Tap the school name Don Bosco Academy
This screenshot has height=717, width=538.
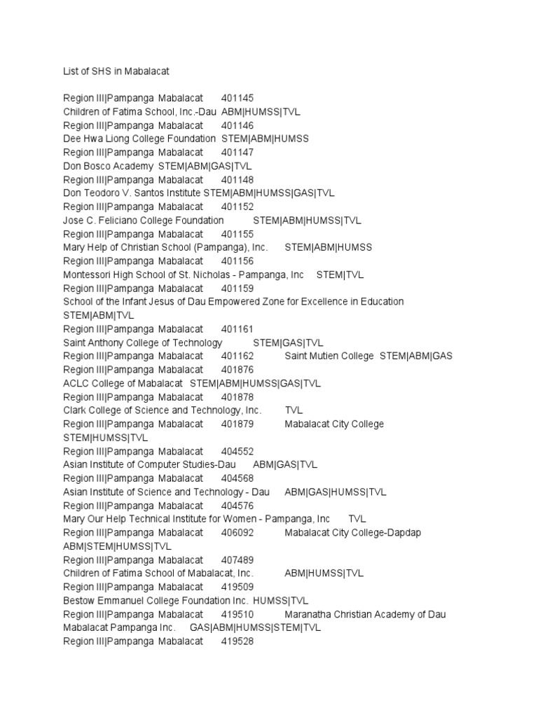[x=108, y=166]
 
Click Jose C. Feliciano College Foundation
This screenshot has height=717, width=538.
[x=144, y=220]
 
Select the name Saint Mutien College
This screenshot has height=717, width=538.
[x=329, y=356]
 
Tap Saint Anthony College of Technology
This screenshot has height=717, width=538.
[x=143, y=342]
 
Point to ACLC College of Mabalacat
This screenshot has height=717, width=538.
[x=123, y=383]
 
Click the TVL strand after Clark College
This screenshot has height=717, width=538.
[x=294, y=410]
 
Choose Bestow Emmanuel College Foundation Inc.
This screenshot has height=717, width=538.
[x=156, y=601]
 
